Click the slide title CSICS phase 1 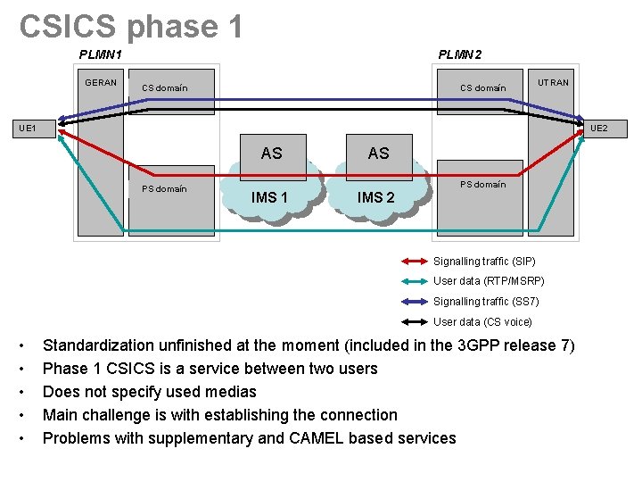(x=131, y=26)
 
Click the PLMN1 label (x=101, y=54)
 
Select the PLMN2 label (x=460, y=54)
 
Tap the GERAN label (x=101, y=83)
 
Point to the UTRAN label (x=553, y=83)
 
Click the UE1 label (x=27, y=129)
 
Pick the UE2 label (x=598, y=129)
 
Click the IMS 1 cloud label (x=269, y=197)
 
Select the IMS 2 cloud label (x=376, y=197)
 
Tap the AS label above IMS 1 (x=272, y=154)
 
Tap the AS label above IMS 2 (x=379, y=154)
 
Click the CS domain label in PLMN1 (x=165, y=88)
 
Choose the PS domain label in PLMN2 (x=482, y=185)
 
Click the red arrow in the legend (x=415, y=262)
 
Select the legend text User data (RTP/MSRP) (x=489, y=281)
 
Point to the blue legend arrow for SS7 (x=415, y=302)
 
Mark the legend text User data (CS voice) (x=482, y=321)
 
